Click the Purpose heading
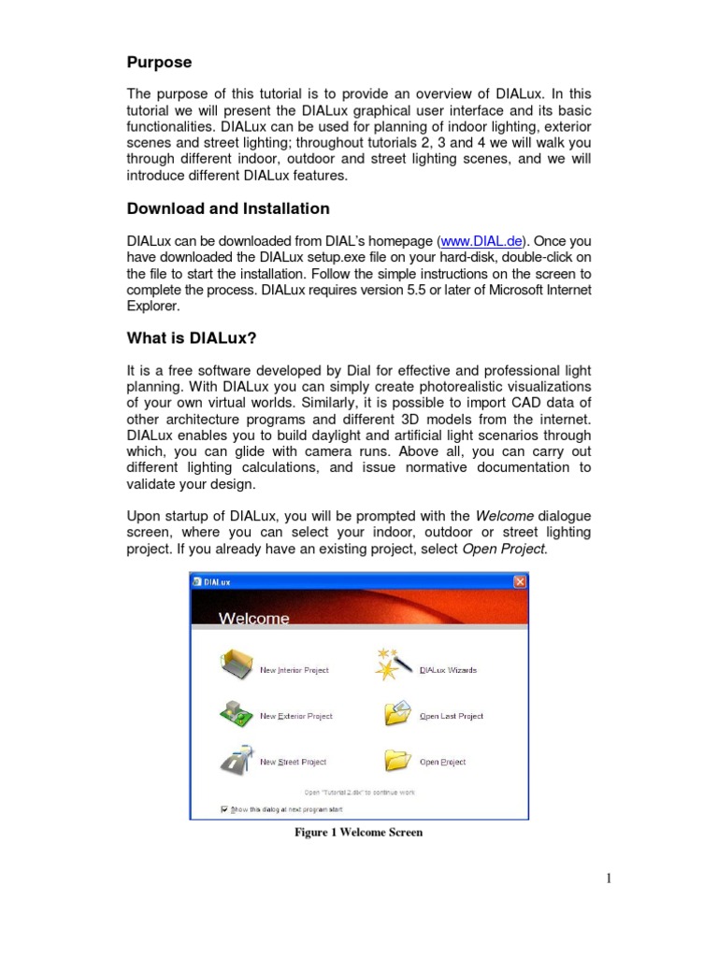(159, 63)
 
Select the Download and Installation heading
(227, 208)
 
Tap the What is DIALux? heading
(191, 338)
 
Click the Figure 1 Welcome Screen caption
(358, 832)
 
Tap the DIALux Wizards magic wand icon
(392, 665)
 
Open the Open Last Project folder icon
(397, 714)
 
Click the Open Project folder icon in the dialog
(397, 760)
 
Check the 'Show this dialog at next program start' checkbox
(224, 809)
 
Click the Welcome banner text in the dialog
(253, 618)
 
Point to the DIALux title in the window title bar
(218, 581)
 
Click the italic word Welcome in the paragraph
(505, 516)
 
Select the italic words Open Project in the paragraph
(504, 549)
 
